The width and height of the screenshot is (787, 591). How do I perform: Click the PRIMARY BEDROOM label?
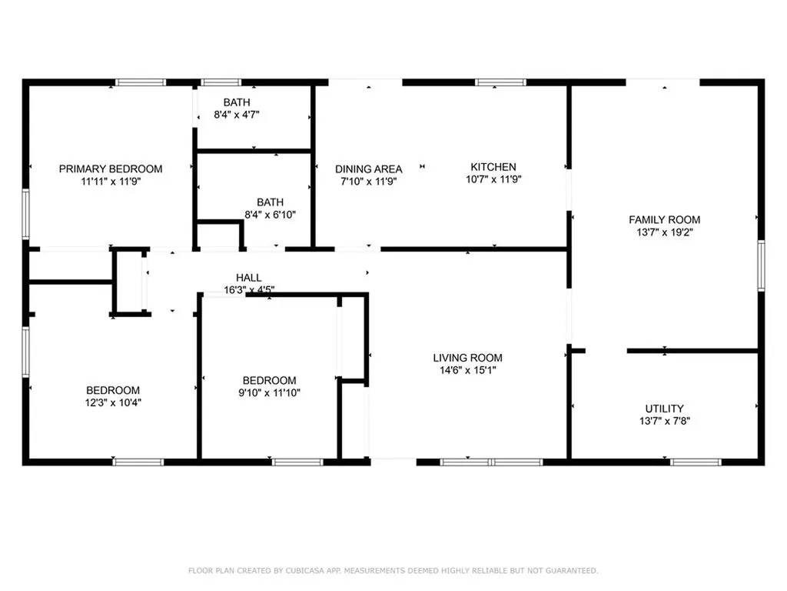click(111, 169)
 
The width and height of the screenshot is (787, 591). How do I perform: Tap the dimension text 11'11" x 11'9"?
click(111, 182)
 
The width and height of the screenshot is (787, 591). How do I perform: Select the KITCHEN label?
click(493, 167)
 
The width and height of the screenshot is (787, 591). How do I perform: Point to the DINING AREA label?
click(368, 169)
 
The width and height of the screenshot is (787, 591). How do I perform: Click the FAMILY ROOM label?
click(664, 219)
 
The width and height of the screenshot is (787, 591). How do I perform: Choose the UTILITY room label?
click(664, 409)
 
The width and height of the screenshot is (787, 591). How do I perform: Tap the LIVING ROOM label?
click(467, 358)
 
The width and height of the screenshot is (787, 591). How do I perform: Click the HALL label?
click(248, 277)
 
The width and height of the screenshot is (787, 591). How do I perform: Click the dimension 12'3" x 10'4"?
click(113, 402)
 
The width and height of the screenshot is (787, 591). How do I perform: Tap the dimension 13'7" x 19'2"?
click(664, 232)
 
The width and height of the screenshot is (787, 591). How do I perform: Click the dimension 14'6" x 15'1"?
click(467, 370)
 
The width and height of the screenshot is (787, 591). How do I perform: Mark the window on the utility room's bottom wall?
click(696, 462)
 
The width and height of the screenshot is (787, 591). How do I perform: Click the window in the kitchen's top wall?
click(500, 82)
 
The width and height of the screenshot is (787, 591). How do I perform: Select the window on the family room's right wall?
click(761, 265)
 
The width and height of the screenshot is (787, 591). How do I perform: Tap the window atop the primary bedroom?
click(141, 82)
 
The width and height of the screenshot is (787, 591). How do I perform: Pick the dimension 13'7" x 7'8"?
click(664, 422)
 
